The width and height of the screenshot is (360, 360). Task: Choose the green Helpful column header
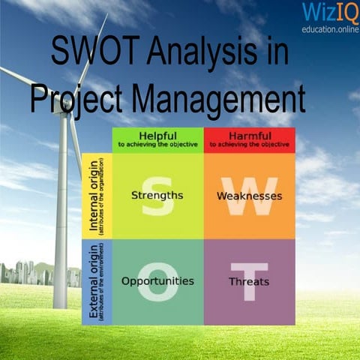[x=157, y=139]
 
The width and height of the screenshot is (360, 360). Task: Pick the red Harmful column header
[x=249, y=139]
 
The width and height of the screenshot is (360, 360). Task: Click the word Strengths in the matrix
[x=157, y=196]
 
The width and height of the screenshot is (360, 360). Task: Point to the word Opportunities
[x=157, y=281]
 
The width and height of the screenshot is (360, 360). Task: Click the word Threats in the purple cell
[x=249, y=282]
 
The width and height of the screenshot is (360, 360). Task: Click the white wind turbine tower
[x=60, y=225]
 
